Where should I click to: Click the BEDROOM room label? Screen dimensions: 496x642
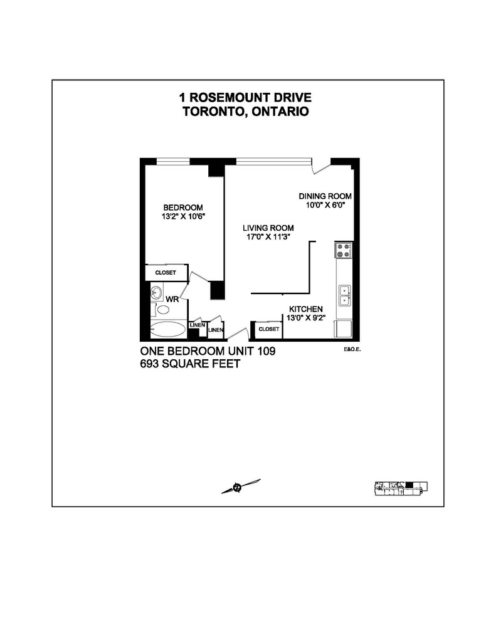pyautogui.click(x=183, y=208)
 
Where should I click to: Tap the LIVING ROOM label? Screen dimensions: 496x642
pyautogui.click(x=269, y=228)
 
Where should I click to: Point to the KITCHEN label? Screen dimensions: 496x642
pyautogui.click(x=305, y=309)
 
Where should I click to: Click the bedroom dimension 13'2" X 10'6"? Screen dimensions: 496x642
pyautogui.click(x=183, y=216)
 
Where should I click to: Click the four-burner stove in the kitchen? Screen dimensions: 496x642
pyautogui.click(x=344, y=251)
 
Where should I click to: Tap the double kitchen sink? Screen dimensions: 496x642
pyautogui.click(x=344, y=295)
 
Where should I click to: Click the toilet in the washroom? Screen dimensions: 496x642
pyautogui.click(x=163, y=309)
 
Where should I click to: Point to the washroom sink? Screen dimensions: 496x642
pyautogui.click(x=156, y=293)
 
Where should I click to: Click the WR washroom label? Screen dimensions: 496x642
pyautogui.click(x=172, y=300)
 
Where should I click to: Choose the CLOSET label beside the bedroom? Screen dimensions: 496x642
pyautogui.click(x=166, y=273)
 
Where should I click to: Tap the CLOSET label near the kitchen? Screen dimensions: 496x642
pyautogui.click(x=269, y=329)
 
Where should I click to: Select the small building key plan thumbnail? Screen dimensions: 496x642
pyautogui.click(x=401, y=488)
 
